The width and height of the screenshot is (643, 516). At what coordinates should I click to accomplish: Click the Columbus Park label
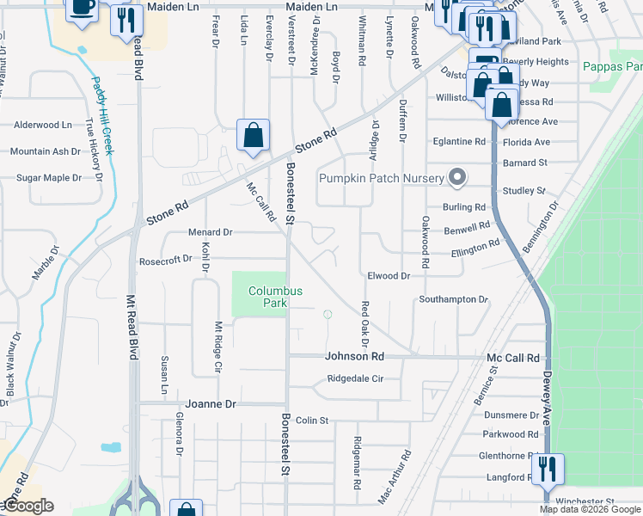pos(275,297)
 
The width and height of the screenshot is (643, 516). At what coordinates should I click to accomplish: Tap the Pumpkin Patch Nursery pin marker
pos(458,179)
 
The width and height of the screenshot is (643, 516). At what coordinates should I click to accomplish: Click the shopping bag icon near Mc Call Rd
pos(253,135)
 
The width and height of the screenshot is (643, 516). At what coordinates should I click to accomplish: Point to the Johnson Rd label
pos(352,356)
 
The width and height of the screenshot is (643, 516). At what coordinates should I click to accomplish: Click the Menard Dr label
pos(211,232)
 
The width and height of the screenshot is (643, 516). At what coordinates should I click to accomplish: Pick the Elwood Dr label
pos(389,276)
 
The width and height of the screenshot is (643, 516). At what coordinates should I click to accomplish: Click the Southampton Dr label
pos(453,299)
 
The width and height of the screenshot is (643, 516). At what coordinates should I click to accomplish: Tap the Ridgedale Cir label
pos(364,378)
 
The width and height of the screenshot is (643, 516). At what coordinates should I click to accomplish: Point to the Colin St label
pos(312,421)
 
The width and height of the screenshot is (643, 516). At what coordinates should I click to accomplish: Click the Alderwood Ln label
pos(43,125)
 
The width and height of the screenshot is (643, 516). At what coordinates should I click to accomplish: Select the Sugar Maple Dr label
pos(49,178)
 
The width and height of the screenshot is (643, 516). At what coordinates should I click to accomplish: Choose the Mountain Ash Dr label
pos(45,151)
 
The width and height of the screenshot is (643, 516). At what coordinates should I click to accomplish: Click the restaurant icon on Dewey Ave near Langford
pos(547,470)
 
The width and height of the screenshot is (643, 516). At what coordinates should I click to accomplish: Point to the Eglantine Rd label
pos(460,141)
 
